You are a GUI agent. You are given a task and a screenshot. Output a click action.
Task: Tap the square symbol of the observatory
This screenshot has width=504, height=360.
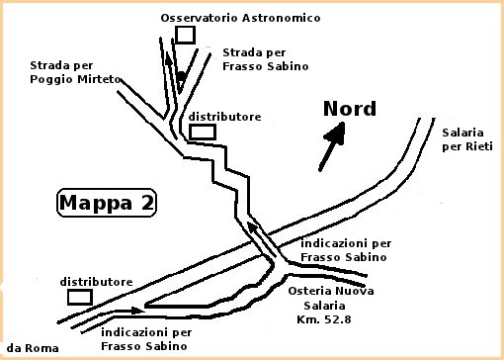pyautogui.click(x=184, y=36)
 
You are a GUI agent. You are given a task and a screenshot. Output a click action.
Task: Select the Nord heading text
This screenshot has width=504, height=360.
pyautogui.click(x=350, y=109)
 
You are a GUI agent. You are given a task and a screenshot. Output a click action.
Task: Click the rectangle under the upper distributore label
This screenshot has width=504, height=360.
pyautogui.click(x=203, y=132)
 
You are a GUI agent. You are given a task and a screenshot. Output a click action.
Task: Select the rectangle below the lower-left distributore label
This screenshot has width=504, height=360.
pyautogui.click(x=79, y=297)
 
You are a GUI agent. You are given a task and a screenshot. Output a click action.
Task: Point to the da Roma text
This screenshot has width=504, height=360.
pyautogui.click(x=33, y=348)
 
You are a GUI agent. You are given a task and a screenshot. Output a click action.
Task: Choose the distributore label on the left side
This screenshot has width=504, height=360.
pyautogui.click(x=96, y=282)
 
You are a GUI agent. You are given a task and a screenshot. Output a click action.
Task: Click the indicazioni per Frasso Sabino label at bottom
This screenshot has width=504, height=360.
pyautogui.click(x=145, y=339)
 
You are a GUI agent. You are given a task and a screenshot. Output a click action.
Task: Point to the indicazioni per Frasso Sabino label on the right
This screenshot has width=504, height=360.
pyautogui.click(x=345, y=249)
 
